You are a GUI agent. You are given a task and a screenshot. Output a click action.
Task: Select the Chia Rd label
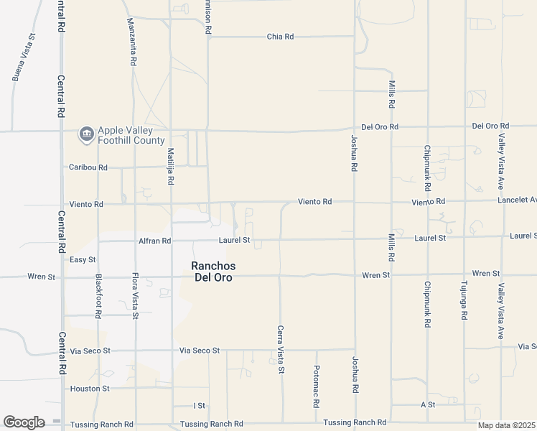(280, 36)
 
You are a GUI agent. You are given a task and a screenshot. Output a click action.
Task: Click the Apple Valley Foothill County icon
(87, 135)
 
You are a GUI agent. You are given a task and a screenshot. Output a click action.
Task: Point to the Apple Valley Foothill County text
(131, 135)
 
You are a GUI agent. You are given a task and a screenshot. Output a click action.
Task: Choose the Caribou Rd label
(88, 167)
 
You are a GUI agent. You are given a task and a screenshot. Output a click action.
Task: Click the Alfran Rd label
(154, 241)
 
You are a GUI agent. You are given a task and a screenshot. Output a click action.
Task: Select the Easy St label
(83, 259)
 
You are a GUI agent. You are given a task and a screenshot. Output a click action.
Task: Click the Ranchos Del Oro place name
(213, 272)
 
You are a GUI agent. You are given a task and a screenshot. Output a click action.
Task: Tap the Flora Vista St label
(134, 295)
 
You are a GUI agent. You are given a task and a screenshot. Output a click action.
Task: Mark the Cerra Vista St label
(281, 349)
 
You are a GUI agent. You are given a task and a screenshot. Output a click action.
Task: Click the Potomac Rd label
(316, 387)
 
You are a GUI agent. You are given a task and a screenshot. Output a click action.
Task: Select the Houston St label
(90, 389)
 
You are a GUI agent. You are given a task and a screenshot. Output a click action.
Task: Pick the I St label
(200, 406)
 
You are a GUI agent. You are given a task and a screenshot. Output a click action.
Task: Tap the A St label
(428, 405)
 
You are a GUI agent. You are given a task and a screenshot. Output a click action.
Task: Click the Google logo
(24, 422)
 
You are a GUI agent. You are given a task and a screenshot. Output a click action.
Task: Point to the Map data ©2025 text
(506, 425)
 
